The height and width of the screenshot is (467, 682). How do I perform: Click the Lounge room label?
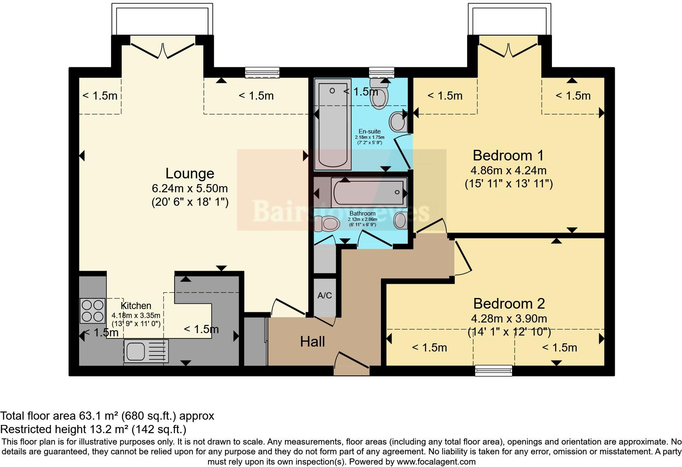190,173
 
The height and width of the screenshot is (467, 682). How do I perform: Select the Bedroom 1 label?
508,156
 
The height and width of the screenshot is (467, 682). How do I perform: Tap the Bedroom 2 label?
509,304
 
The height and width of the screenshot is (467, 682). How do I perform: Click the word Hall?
312,342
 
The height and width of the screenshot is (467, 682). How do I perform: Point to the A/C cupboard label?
325,296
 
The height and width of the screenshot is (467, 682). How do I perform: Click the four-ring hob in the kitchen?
92,311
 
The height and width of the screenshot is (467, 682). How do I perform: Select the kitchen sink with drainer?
146,351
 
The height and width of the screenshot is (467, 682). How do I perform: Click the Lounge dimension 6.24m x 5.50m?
190,189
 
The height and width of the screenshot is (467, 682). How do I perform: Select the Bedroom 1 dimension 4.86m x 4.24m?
509,170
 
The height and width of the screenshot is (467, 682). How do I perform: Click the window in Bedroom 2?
494,371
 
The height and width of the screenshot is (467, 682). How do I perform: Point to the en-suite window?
381,73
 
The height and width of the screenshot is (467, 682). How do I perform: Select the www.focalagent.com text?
436,462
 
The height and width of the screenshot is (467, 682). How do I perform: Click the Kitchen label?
136,306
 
